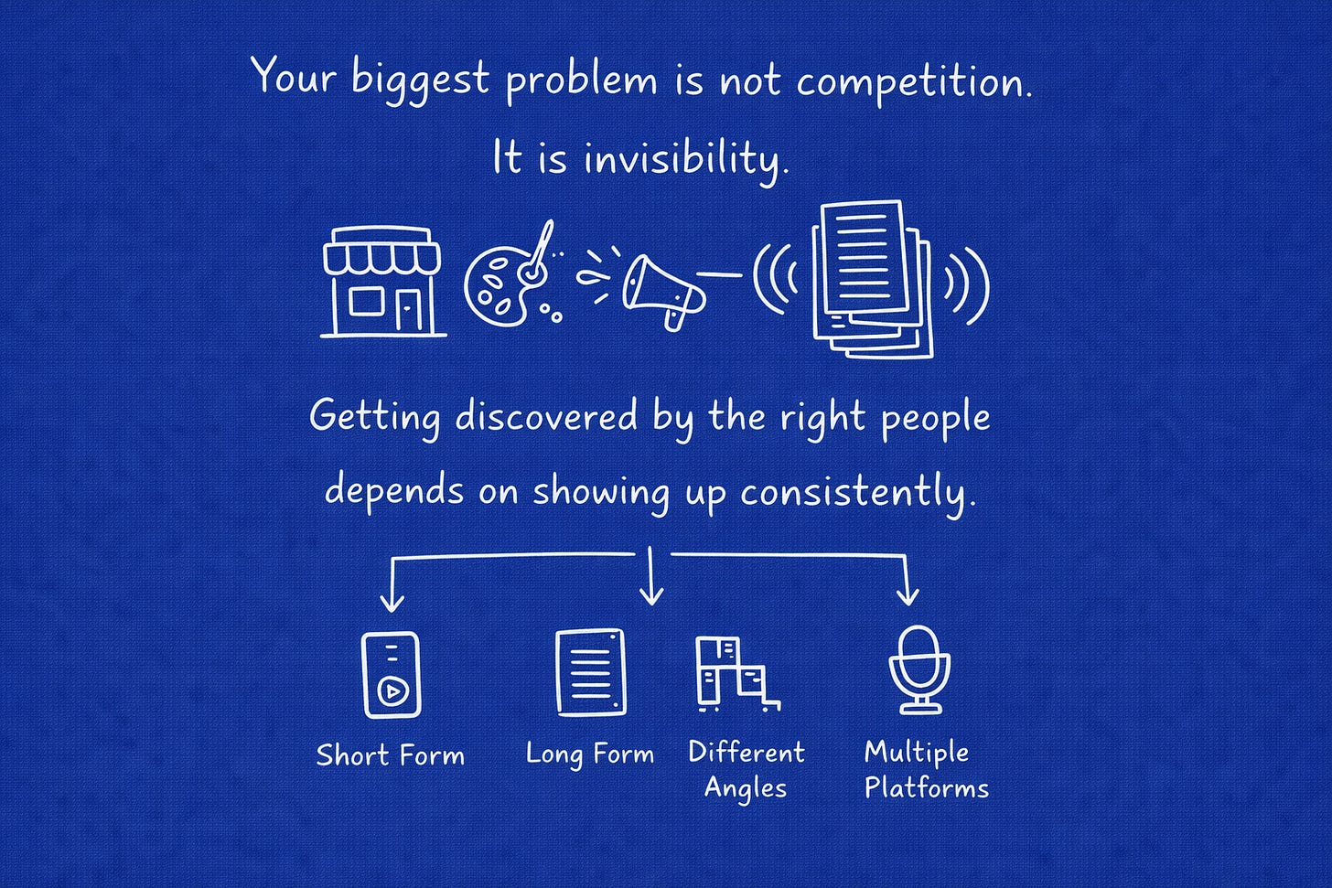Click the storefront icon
[382, 282]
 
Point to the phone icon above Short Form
[391, 674]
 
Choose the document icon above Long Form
[591, 672]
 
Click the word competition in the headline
[913, 82]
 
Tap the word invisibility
[684, 159]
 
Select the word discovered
[546, 417]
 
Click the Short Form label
[391, 755]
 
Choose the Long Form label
[590, 754]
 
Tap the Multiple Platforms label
[926, 770]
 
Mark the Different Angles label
[746, 770]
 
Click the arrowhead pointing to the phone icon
[392, 602]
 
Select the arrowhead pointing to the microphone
[907, 596]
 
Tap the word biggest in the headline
[421, 80]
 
